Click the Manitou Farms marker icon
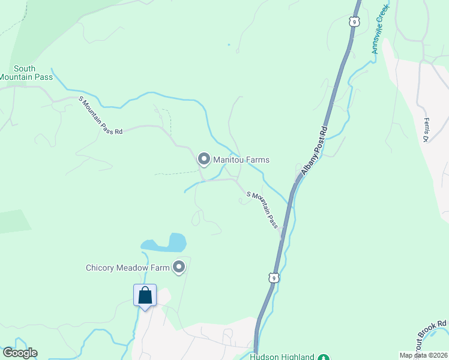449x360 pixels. tap(203, 160)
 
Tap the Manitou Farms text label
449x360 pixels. tap(241, 160)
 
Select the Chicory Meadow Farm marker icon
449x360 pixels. tap(179, 268)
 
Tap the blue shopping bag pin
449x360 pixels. tap(145, 295)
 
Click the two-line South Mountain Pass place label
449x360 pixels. tap(25, 73)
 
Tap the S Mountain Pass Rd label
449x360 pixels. tap(100, 116)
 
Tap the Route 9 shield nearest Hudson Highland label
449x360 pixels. tap(273, 278)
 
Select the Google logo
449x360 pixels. tap(20, 353)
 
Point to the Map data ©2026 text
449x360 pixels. tap(423, 355)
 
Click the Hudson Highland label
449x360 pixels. tap(282, 356)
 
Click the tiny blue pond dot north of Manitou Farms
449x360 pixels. tap(229, 44)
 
